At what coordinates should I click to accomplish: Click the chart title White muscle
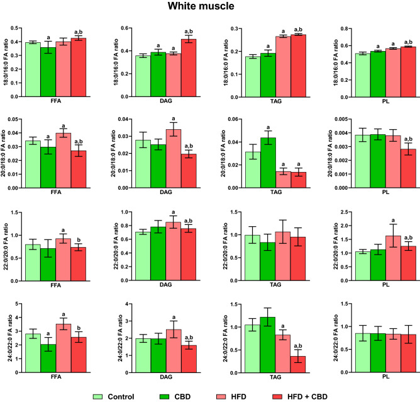click(210, 8)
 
